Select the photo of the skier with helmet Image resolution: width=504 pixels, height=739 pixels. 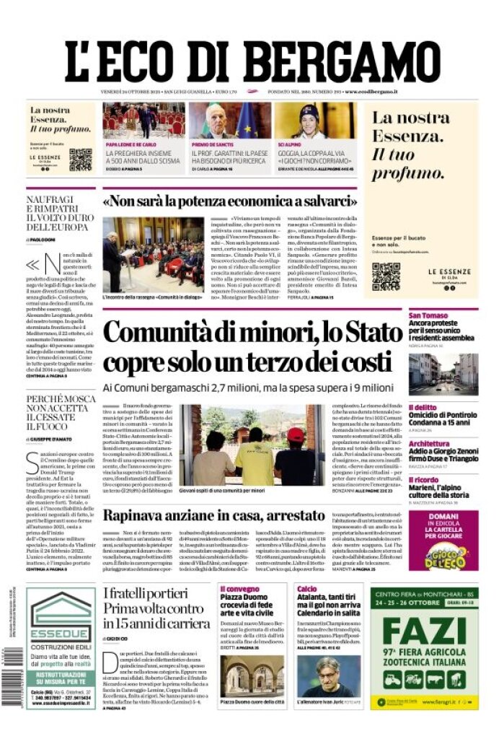(x=315, y=121)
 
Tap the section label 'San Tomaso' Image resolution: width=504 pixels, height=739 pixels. (x=428, y=315)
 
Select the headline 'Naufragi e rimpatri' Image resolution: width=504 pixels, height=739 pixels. (x=60, y=212)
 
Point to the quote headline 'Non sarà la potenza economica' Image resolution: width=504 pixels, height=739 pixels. (x=229, y=200)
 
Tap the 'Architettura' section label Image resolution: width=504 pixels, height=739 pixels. (x=429, y=444)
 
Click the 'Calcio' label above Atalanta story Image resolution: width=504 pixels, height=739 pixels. (x=306, y=589)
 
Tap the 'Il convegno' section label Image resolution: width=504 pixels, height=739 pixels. (x=239, y=589)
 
